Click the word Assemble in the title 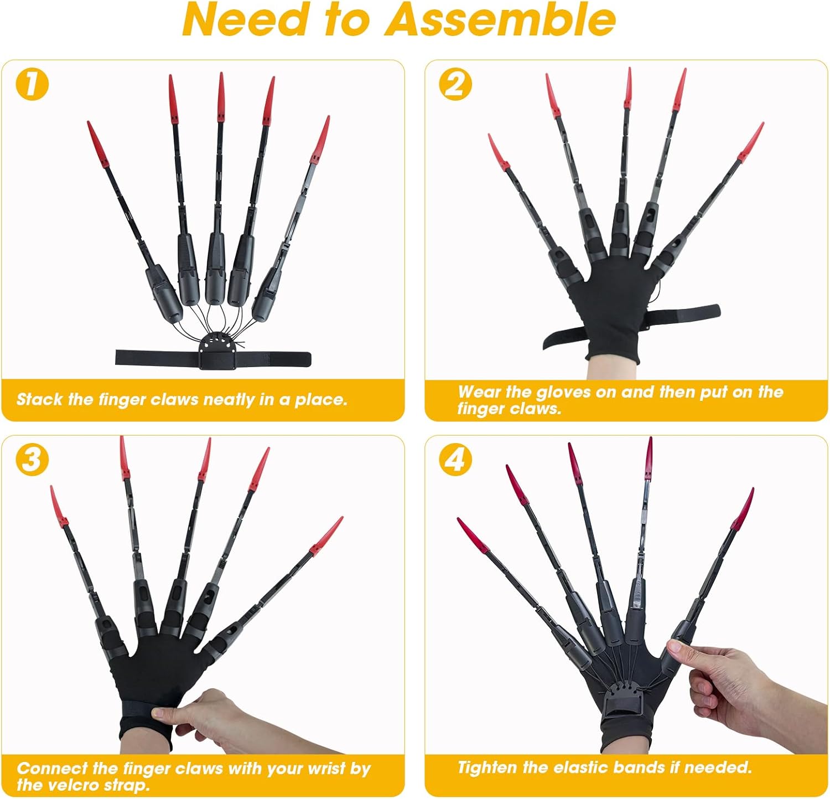[x=500, y=20]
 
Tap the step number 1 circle [x=33, y=85]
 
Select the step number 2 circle [x=455, y=85]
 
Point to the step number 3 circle [x=32, y=460]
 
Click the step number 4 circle [x=455, y=460]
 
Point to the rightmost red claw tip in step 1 [x=329, y=117]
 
